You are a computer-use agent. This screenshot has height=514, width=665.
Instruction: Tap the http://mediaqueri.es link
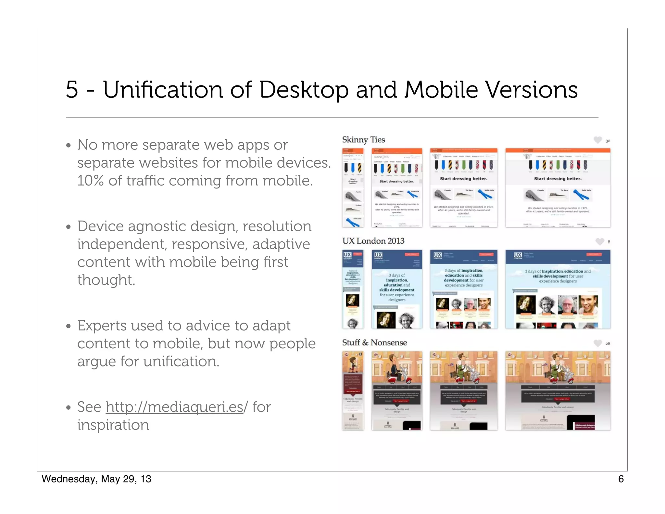tap(174, 407)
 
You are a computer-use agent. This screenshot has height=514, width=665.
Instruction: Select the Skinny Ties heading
tap(363, 140)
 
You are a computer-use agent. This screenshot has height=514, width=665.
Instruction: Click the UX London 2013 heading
tap(373, 241)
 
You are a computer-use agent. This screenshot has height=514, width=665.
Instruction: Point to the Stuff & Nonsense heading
tap(374, 343)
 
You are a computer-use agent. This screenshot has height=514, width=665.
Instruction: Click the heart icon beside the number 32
tap(597, 140)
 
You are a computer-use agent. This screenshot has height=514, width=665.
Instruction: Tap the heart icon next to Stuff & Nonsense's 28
tap(597, 343)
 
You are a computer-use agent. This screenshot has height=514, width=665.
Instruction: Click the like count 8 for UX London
tap(609, 242)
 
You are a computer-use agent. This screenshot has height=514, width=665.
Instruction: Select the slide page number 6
tap(621, 479)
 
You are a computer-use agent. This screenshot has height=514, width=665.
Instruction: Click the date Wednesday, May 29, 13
tap(96, 479)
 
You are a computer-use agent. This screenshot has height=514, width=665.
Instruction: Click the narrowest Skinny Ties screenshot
tap(353, 188)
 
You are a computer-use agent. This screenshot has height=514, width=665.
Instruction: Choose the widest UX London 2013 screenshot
tap(558, 289)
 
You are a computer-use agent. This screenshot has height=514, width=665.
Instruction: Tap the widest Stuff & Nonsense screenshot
tap(558, 391)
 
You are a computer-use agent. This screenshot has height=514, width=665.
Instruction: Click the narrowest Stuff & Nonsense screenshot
tap(353, 391)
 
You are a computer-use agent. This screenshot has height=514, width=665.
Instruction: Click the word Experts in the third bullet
tap(102, 326)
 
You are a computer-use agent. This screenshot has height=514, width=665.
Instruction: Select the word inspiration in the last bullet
tap(113, 425)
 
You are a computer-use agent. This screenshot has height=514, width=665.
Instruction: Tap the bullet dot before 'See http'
tap(68, 407)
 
